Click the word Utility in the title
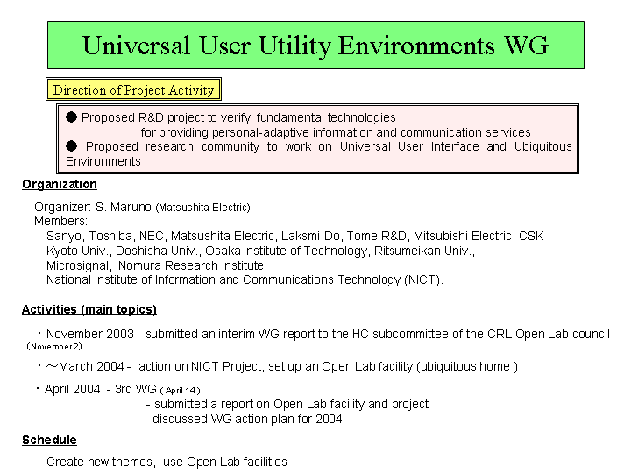(x=294, y=46)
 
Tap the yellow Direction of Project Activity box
(x=133, y=89)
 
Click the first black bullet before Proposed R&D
(x=71, y=117)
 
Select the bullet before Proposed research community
(x=71, y=145)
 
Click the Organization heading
(x=60, y=184)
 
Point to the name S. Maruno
(x=124, y=207)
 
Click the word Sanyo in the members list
(x=65, y=236)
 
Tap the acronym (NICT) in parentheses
(x=424, y=279)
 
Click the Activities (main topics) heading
(x=89, y=309)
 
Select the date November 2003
(x=90, y=334)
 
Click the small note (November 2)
(x=54, y=346)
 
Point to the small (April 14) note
(x=180, y=390)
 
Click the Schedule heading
(x=49, y=440)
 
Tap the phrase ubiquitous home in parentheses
(x=465, y=366)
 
